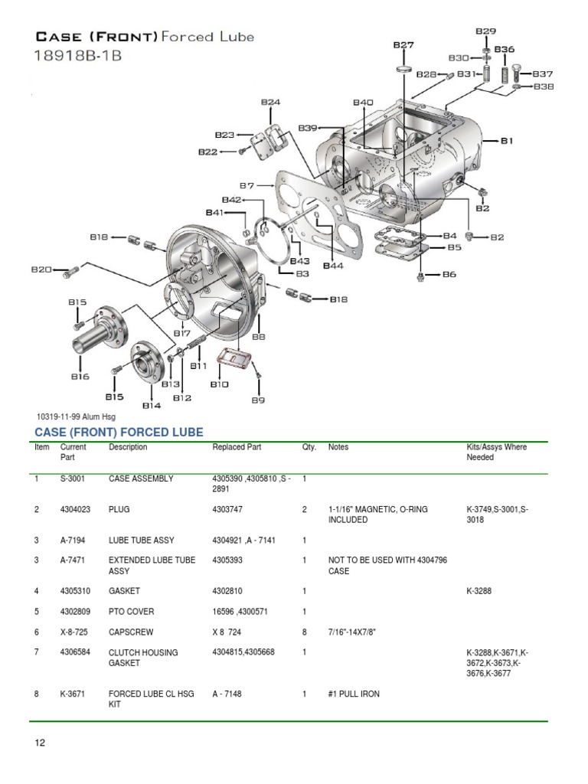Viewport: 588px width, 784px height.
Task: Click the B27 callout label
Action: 403,45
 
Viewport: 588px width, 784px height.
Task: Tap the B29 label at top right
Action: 485,31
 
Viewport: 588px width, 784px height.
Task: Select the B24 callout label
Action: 270,102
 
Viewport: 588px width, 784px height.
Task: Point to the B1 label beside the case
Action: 507,140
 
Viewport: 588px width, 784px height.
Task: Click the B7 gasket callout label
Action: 247,185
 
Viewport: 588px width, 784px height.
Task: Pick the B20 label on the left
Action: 41,269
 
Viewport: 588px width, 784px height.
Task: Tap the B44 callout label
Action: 333,266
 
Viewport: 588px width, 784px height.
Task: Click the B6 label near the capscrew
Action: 449,274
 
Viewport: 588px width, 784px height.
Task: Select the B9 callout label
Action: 258,399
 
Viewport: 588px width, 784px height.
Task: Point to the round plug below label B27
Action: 403,70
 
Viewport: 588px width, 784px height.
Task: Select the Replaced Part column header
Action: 237,447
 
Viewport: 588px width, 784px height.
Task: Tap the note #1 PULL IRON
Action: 354,694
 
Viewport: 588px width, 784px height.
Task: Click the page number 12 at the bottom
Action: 41,743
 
